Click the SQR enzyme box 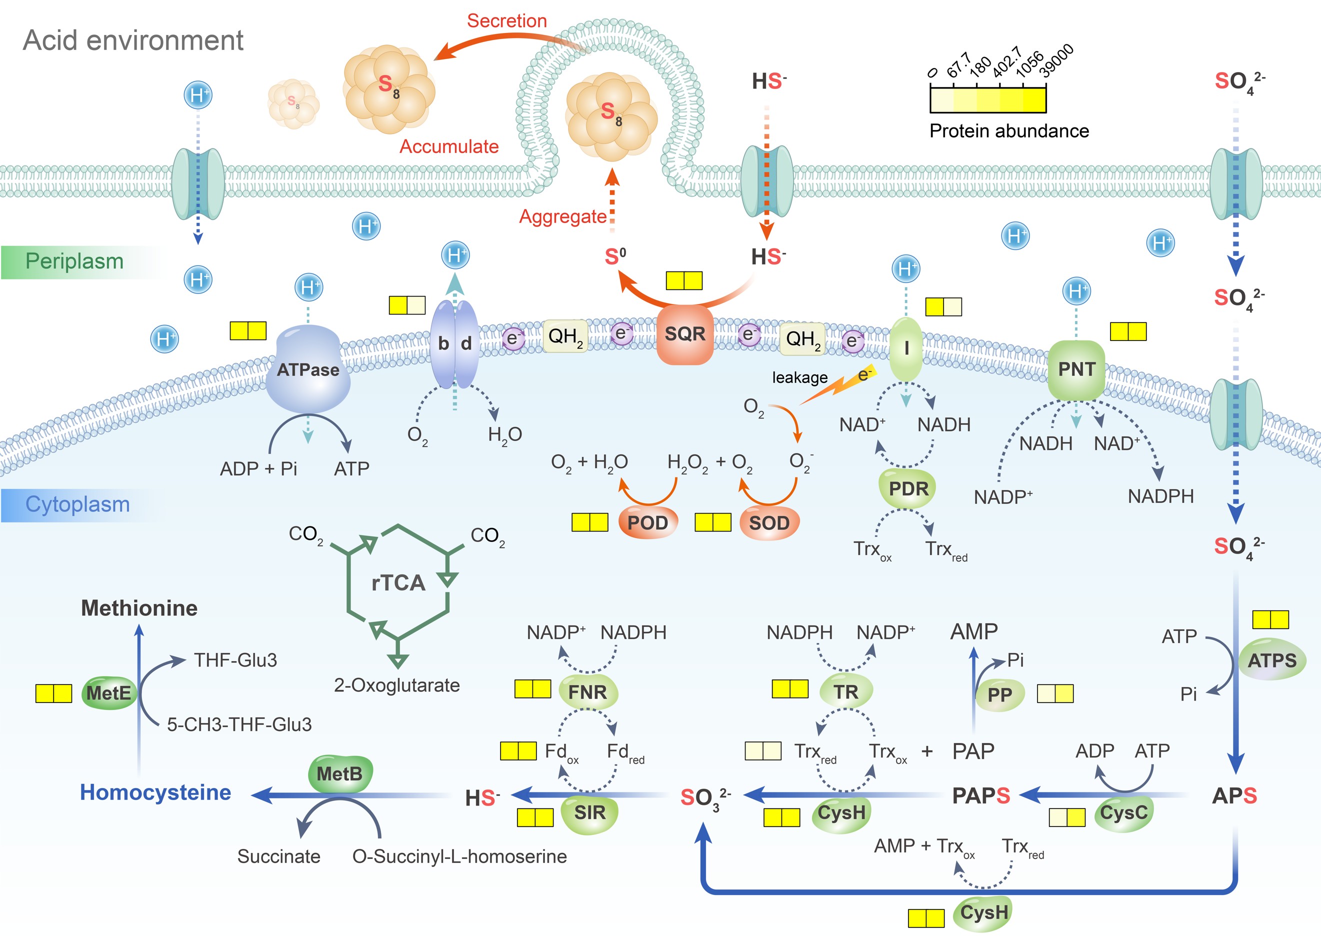coord(685,334)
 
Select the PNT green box coord(1076,369)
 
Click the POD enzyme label coord(647,523)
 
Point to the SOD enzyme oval coord(769,523)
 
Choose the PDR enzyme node coord(908,488)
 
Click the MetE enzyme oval coord(108,693)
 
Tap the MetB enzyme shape coord(339,774)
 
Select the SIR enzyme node coord(589,812)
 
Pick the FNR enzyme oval coord(587,692)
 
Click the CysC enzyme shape coord(1123,812)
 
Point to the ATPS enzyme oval coord(1272,661)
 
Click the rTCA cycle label coord(398,583)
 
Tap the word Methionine coord(139,608)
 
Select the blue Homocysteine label coord(155,792)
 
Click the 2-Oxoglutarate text coord(396,685)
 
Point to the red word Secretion coord(506,21)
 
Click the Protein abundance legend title coord(1009,131)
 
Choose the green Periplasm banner coord(74,261)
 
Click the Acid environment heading coord(133,41)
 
